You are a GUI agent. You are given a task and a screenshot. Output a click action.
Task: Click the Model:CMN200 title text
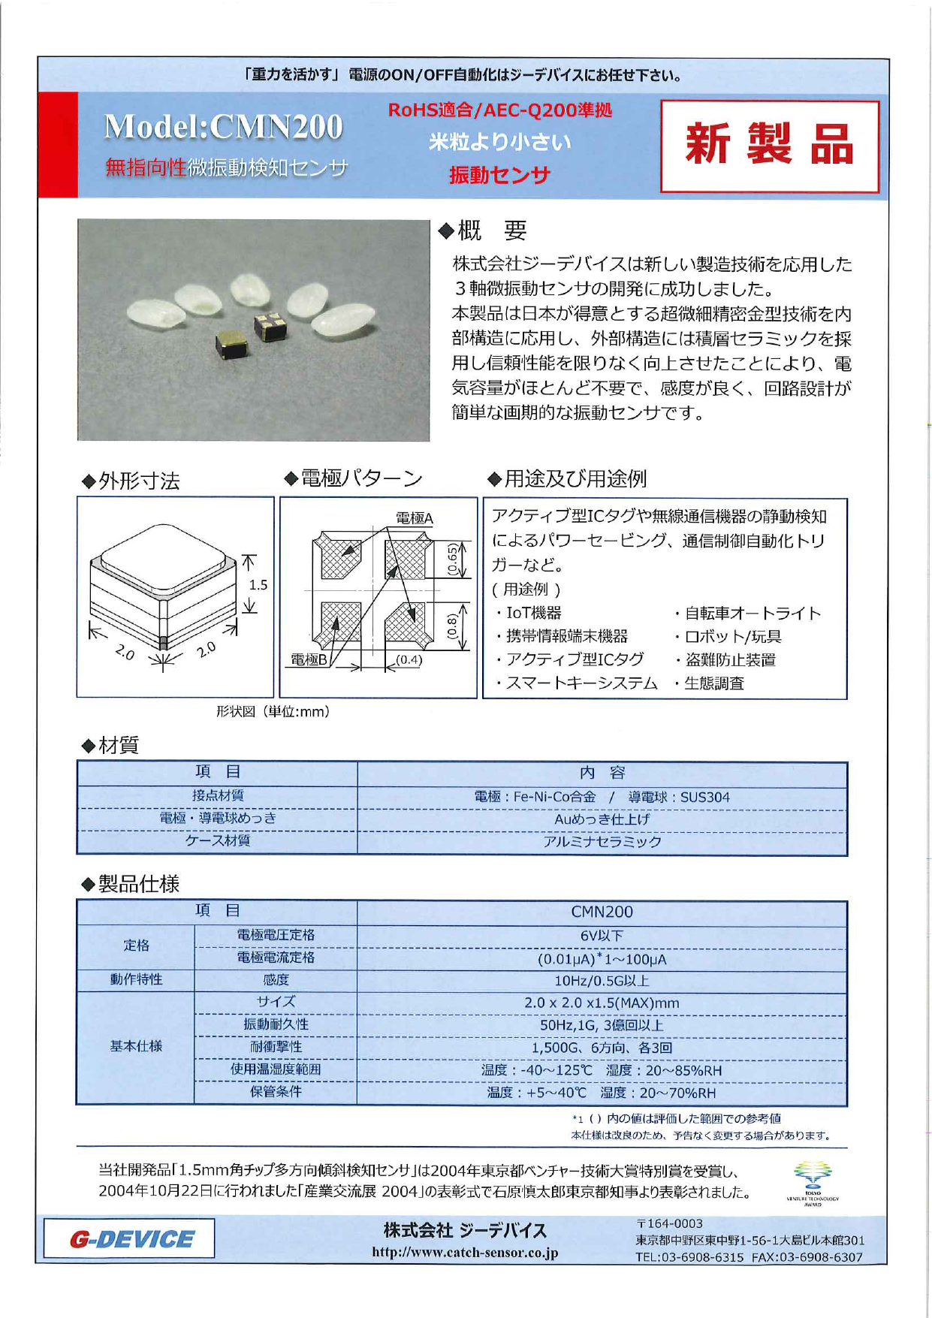pyautogui.click(x=223, y=127)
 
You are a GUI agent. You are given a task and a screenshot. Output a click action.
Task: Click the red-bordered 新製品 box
pyautogui.click(x=769, y=146)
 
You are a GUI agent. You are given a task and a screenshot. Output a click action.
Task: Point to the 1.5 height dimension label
pyautogui.click(x=258, y=584)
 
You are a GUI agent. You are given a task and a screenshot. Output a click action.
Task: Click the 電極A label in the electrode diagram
pyautogui.click(x=414, y=517)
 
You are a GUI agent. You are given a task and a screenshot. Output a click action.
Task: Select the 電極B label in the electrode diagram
pyautogui.click(x=309, y=659)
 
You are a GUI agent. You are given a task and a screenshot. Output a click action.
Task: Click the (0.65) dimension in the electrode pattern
pyautogui.click(x=452, y=560)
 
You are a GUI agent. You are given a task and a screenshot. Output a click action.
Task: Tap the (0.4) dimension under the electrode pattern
pyautogui.click(x=409, y=659)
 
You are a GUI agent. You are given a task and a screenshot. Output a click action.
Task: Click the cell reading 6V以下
pyautogui.click(x=602, y=936)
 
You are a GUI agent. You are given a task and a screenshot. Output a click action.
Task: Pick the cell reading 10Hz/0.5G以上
pyautogui.click(x=602, y=981)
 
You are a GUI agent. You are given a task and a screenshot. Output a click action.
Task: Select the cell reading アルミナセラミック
pyautogui.click(x=602, y=842)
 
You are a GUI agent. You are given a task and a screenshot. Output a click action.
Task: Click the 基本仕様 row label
pyautogui.click(x=136, y=1046)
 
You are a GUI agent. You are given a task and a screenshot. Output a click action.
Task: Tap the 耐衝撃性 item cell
pyautogui.click(x=276, y=1047)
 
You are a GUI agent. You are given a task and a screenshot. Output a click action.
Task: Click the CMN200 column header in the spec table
pyautogui.click(x=602, y=912)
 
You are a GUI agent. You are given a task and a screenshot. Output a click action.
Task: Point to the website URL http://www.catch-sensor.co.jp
pyautogui.click(x=465, y=1253)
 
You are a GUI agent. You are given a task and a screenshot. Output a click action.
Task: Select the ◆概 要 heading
pyautogui.click(x=483, y=231)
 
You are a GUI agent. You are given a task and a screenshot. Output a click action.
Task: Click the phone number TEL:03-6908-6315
pyautogui.click(x=689, y=1257)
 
